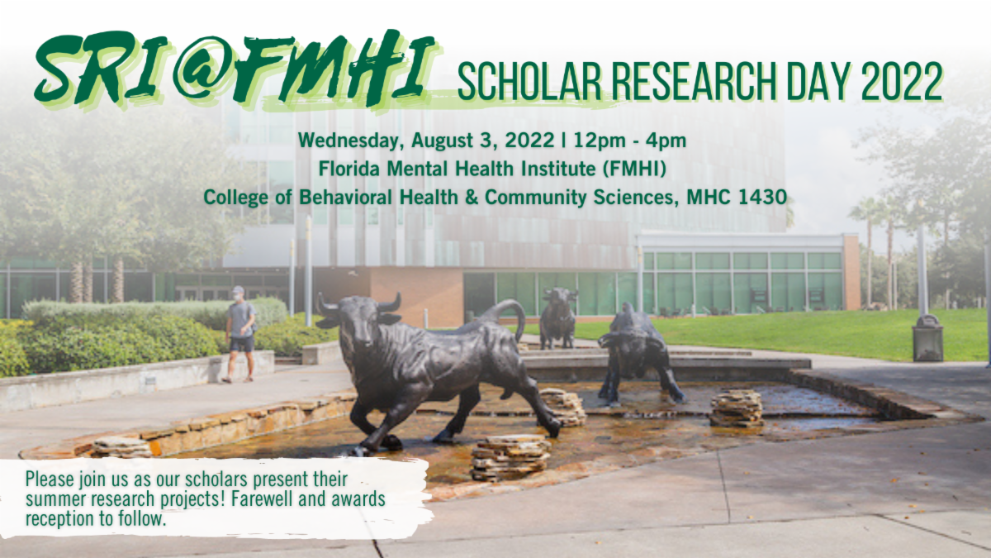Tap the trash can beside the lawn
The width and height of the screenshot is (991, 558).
pos(927,338)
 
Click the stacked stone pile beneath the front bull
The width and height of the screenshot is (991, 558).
pos(510,456)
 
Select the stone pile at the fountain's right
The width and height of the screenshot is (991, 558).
pos(736,408)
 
